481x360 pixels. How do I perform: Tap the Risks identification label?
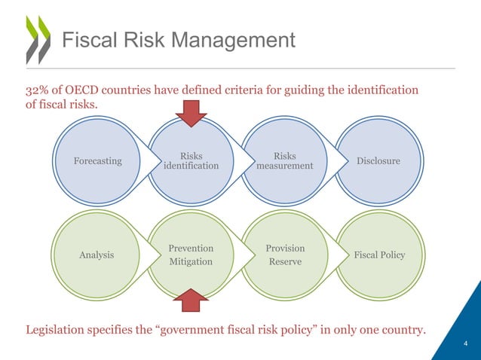click(x=191, y=161)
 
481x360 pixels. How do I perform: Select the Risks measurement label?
click(x=284, y=161)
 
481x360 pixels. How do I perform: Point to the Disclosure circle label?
click(x=379, y=161)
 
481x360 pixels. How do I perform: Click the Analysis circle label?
click(x=97, y=255)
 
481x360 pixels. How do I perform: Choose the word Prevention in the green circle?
click(x=191, y=248)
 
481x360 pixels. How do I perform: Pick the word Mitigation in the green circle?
click(x=191, y=262)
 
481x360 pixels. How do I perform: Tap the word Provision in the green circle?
click(x=285, y=248)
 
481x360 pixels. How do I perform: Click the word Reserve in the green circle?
click(x=285, y=262)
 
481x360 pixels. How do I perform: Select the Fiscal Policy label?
click(x=379, y=255)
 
